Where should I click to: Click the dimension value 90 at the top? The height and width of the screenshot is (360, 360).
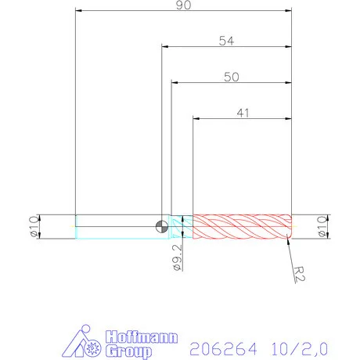tap(185, 5)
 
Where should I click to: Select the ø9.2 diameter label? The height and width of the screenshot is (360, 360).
tap(177, 257)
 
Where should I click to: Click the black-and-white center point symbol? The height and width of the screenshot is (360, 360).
tap(161, 226)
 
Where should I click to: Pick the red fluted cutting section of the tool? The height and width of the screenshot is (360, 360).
tap(242, 226)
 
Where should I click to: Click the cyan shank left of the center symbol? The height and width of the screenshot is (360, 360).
tap(117, 226)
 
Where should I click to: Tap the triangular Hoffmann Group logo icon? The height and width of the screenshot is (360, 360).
tap(85, 340)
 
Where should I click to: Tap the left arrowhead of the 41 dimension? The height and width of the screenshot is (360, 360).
tap(196, 118)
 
